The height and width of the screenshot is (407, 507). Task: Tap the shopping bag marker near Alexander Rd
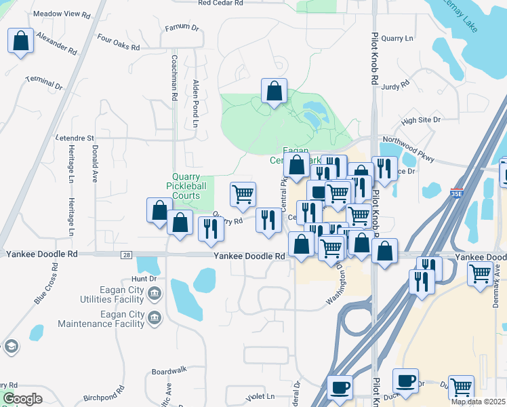click(21, 41)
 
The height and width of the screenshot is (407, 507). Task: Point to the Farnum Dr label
click(182, 28)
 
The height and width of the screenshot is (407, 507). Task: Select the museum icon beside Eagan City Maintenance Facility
click(155, 317)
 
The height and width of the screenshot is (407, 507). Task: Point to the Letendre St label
click(74, 138)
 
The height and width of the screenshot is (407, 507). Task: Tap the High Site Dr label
click(421, 119)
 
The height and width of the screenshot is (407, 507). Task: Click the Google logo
click(22, 399)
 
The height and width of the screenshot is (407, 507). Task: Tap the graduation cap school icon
click(10, 347)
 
